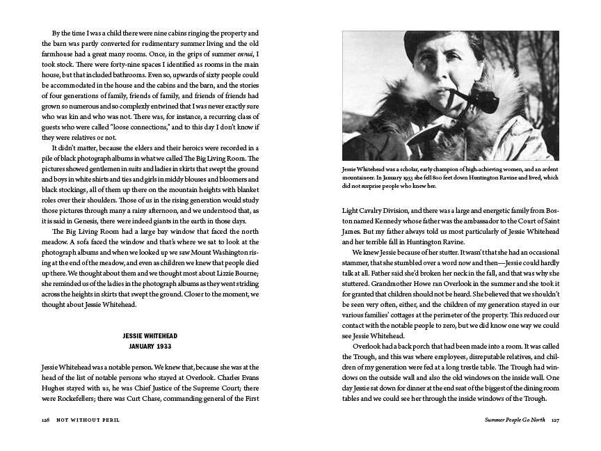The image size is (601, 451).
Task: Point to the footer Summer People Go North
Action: pos(510,420)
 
